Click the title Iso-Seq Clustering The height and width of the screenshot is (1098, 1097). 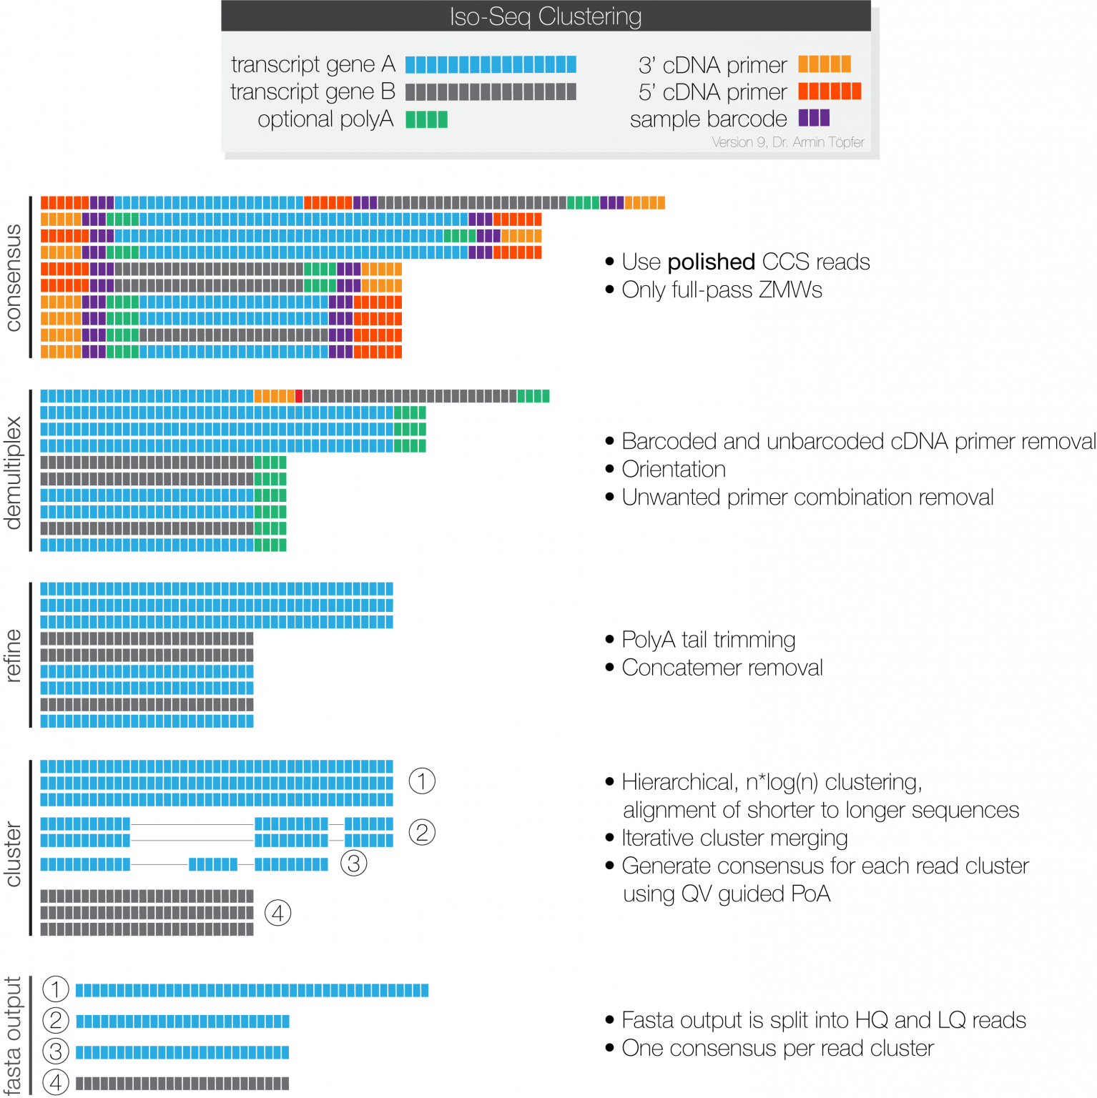pyautogui.click(x=546, y=16)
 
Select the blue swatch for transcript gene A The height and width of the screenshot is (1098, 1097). pyautogui.click(x=491, y=65)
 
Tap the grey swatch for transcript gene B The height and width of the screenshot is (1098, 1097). pyautogui.click(x=491, y=92)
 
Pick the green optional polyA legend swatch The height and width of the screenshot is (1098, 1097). pyautogui.click(x=426, y=119)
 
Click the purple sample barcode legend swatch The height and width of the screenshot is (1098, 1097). pyautogui.click(x=814, y=118)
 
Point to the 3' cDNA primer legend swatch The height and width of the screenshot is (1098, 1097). pyautogui.click(x=825, y=64)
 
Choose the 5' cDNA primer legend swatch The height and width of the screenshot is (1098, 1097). pyautogui.click(x=830, y=91)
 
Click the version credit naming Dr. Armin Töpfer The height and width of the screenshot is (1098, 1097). pyautogui.click(x=788, y=142)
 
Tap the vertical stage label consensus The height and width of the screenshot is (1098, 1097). pyautogui.click(x=13, y=277)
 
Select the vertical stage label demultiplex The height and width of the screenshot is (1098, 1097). pyautogui.click(x=13, y=473)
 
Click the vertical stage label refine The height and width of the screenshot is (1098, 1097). pyautogui.click(x=13, y=656)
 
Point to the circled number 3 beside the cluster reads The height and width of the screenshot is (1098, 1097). pyautogui.click(x=353, y=864)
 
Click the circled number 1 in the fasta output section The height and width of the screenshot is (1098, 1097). pyautogui.click(x=56, y=989)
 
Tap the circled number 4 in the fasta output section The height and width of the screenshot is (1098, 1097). pyautogui.click(x=56, y=1082)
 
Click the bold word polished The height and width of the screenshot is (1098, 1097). pyautogui.click(x=711, y=262)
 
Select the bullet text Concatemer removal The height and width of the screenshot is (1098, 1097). pyautogui.click(x=722, y=668)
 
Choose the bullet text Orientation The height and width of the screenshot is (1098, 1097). pyautogui.click(x=674, y=470)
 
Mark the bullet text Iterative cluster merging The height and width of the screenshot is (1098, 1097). pyautogui.click(x=734, y=838)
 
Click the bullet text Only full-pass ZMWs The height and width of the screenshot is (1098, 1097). pyautogui.click(x=722, y=290)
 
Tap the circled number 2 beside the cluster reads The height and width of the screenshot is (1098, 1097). pyautogui.click(x=422, y=832)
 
